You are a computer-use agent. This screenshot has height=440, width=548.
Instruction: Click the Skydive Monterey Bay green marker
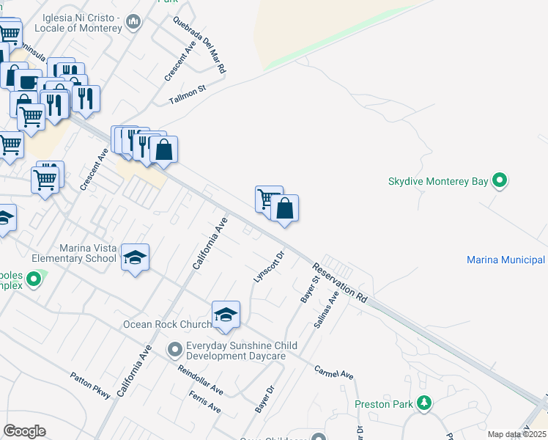[500, 180]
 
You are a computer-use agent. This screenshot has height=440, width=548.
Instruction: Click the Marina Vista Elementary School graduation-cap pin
[135, 257]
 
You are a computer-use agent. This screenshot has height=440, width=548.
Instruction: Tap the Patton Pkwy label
[90, 386]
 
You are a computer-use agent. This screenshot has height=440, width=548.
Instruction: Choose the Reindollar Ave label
[200, 378]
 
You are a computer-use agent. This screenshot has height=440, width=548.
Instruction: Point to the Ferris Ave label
[204, 401]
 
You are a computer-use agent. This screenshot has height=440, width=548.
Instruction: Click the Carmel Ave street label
[333, 373]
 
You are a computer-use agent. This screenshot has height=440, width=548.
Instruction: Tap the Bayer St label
[308, 290]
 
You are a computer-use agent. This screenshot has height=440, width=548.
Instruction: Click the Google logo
[23, 431]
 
